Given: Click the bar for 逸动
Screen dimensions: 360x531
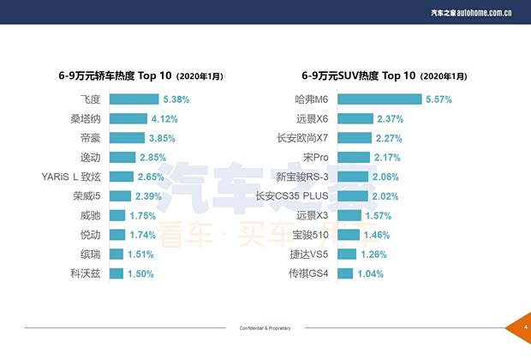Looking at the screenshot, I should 122,158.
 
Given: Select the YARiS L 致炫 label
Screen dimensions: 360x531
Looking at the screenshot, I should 71,177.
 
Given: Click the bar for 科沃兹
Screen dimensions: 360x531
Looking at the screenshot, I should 116,273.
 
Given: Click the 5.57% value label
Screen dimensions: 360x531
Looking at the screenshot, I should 439,99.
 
